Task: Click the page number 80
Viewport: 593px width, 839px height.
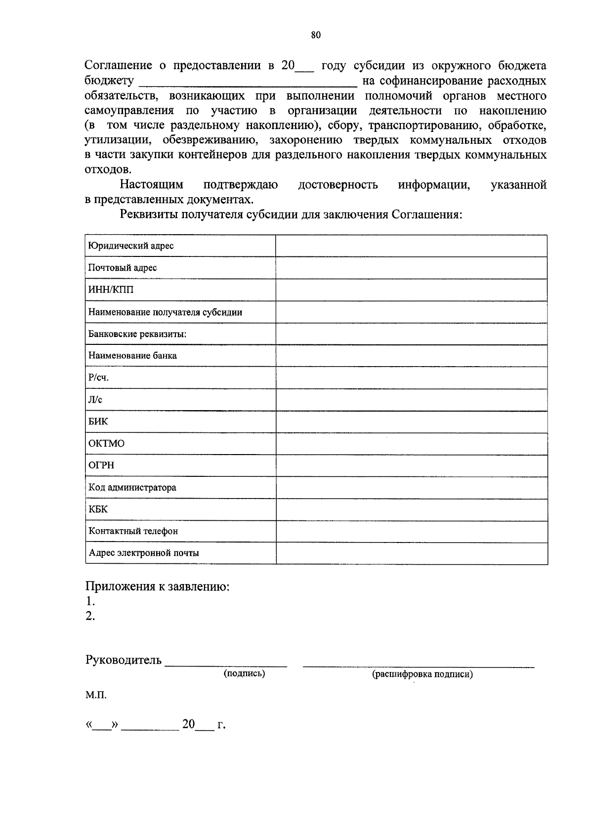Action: pyautogui.click(x=316, y=35)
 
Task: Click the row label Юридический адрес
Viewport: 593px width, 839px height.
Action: pyautogui.click(x=131, y=246)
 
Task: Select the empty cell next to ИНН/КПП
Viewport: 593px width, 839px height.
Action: pyautogui.click(x=411, y=290)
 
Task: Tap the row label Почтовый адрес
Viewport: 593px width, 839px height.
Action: pyautogui.click(x=123, y=268)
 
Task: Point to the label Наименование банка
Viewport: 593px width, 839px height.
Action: pyautogui.click(x=132, y=356)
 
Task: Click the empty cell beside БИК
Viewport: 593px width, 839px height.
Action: pyautogui.click(x=411, y=421)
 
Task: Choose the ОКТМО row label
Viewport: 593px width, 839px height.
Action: pyautogui.click(x=106, y=444)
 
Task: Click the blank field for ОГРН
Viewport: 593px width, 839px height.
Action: pyautogui.click(x=411, y=465)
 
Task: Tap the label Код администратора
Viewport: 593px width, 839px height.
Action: pyautogui.click(x=132, y=488)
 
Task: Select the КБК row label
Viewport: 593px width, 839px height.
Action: pyautogui.click(x=98, y=509)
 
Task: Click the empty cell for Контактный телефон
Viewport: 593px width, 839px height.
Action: pyautogui.click(x=411, y=531)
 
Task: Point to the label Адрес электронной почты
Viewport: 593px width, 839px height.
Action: pyautogui.click(x=144, y=553)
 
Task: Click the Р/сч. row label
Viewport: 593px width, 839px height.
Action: pyautogui.click(x=98, y=378)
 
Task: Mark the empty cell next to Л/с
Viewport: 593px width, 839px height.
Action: pyautogui.click(x=411, y=400)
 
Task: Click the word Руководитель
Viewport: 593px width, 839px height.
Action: pyautogui.click(x=123, y=660)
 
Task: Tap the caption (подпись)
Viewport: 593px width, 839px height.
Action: pyautogui.click(x=244, y=673)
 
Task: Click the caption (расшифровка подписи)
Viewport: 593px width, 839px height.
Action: pyautogui.click(x=422, y=674)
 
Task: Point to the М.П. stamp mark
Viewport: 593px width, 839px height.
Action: pyautogui.click(x=95, y=695)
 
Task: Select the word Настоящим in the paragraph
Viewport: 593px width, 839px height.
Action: pyautogui.click(x=152, y=185)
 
